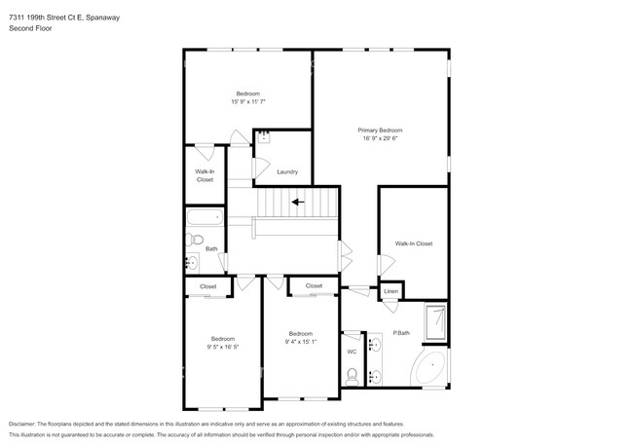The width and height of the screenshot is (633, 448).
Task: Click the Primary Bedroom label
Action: pos(380,130)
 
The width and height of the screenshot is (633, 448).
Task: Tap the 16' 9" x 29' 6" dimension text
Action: pos(380,138)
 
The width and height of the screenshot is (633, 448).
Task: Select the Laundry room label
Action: pos(287,172)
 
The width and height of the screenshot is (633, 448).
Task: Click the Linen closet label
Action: pos(391,291)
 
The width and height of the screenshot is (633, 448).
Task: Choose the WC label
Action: pos(352,352)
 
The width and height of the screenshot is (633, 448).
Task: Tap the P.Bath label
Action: pos(400,333)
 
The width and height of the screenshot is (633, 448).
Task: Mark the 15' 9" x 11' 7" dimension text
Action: pos(248,101)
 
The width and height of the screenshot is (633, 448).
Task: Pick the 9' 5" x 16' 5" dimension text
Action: pos(222,347)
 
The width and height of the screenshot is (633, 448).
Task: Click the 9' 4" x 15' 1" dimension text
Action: pos(302,342)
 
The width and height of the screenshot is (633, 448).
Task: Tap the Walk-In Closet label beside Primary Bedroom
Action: pos(413,243)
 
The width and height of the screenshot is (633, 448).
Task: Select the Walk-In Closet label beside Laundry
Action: pos(205,175)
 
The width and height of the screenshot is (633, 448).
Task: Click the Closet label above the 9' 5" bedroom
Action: pos(208,286)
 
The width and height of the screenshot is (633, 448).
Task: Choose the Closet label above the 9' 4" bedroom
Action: pos(314,285)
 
